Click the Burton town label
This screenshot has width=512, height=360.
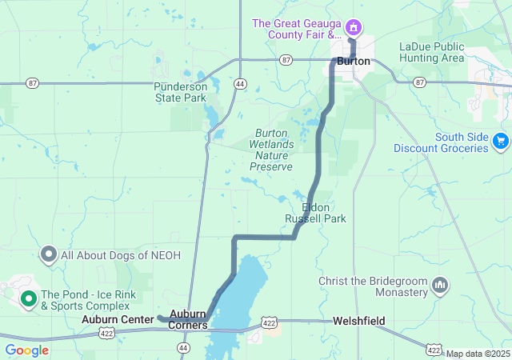(x=353, y=61)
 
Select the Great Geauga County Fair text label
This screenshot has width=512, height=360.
(x=297, y=30)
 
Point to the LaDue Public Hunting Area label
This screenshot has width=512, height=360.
(x=431, y=52)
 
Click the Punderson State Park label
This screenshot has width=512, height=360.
(x=181, y=92)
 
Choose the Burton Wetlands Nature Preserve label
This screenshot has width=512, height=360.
(x=271, y=150)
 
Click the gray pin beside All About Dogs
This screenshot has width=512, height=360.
(x=48, y=255)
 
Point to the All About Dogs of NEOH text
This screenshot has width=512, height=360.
(x=121, y=255)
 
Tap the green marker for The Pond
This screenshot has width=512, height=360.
(x=29, y=300)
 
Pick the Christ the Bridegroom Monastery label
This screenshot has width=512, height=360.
(x=373, y=286)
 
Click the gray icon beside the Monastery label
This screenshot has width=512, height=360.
(x=439, y=286)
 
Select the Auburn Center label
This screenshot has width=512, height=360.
(x=118, y=319)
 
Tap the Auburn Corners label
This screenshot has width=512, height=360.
(x=188, y=319)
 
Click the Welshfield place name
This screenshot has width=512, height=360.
(x=359, y=321)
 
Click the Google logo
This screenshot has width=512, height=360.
(x=26, y=350)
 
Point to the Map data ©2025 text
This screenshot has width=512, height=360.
(x=478, y=354)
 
